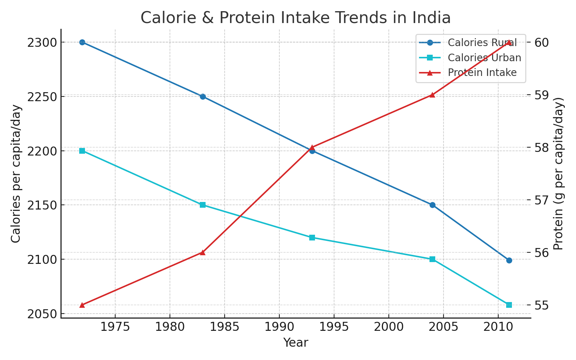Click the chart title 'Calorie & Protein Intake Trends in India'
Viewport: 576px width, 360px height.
click(295, 18)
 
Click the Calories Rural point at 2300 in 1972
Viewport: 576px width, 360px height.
click(82, 42)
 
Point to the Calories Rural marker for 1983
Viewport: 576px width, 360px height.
click(203, 96)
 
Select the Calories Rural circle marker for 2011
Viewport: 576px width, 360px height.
click(509, 260)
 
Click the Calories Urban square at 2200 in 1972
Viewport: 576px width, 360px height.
click(82, 151)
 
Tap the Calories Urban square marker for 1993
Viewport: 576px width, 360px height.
click(312, 238)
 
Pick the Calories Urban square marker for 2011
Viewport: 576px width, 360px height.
click(509, 305)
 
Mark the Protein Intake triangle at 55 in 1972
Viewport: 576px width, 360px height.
click(82, 305)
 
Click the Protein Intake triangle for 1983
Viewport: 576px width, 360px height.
click(203, 252)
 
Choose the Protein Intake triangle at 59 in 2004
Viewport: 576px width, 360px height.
click(432, 95)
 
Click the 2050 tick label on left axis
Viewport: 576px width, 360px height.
click(42, 314)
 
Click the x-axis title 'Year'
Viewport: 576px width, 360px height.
click(296, 342)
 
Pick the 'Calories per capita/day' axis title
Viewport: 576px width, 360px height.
click(16, 174)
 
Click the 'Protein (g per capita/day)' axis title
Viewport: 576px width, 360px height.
click(558, 174)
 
